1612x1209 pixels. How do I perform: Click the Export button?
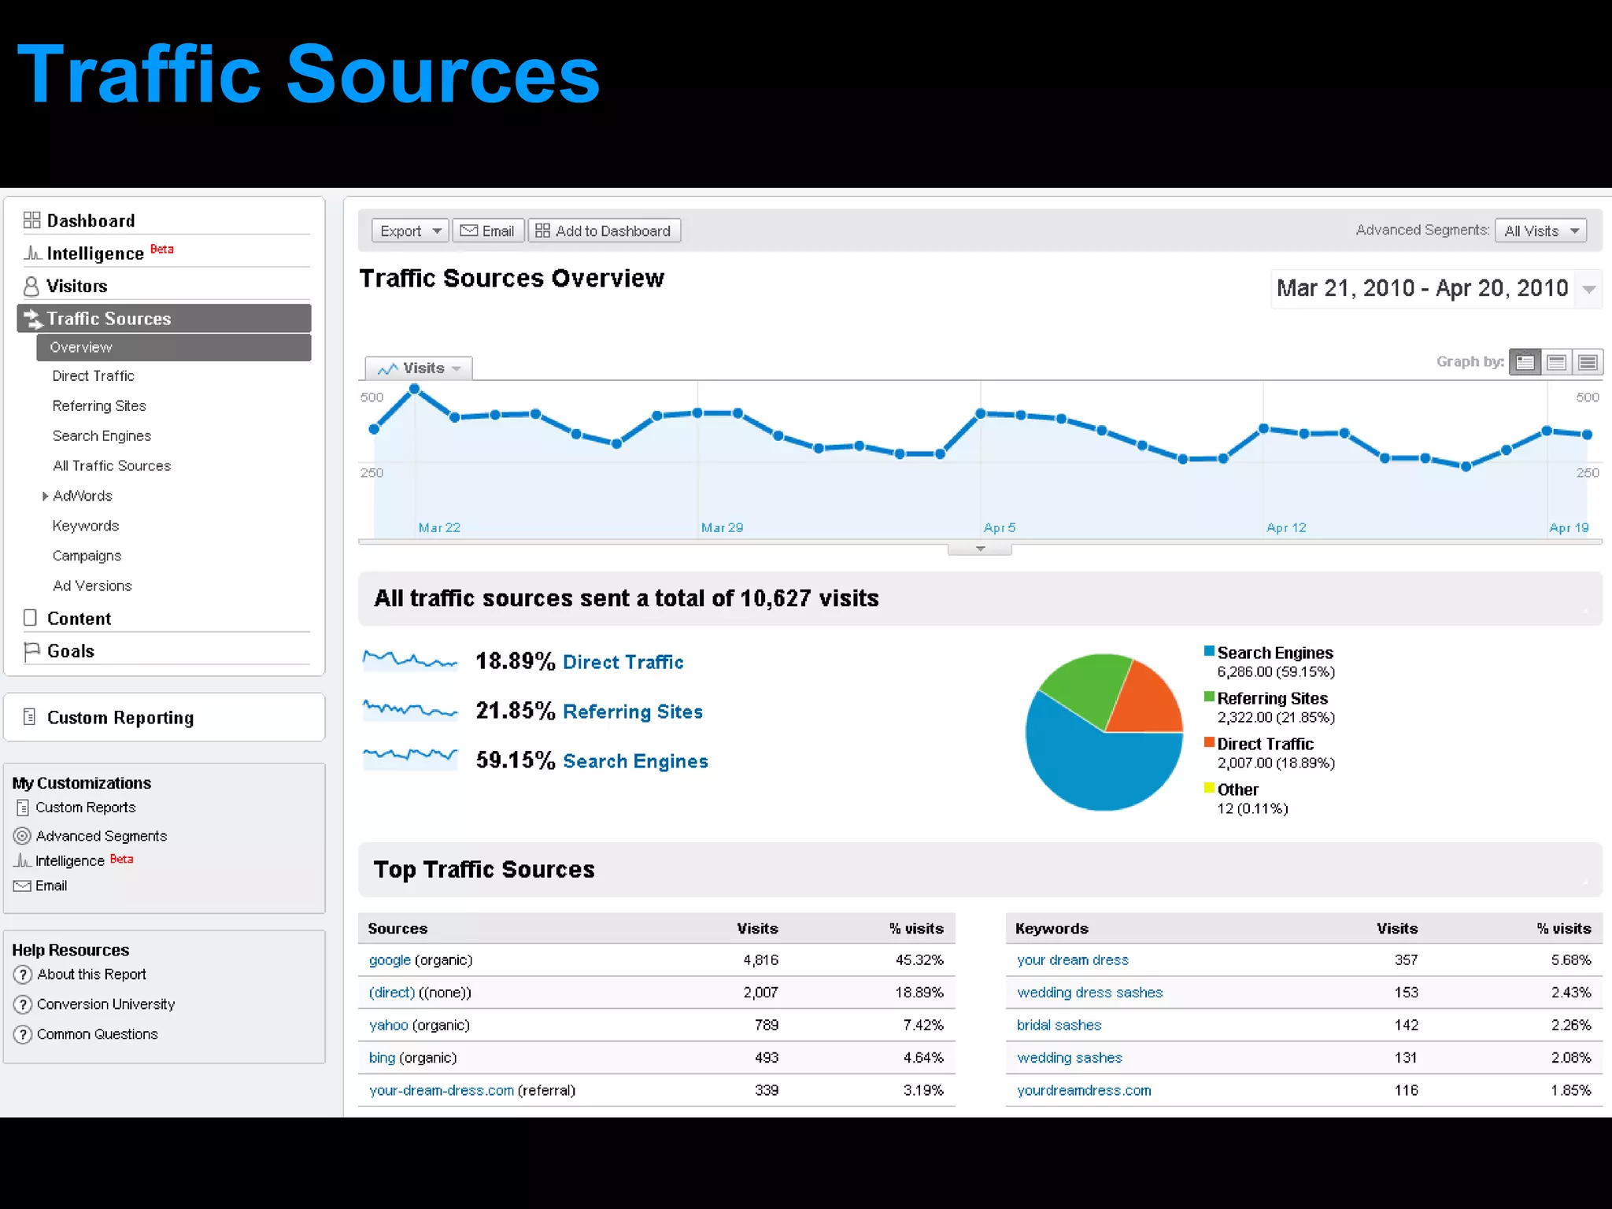tap(409, 231)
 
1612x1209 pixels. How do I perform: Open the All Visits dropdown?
tap(1540, 231)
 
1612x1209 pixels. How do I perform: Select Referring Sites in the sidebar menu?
tap(99, 406)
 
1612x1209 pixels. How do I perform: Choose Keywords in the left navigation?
tap(86, 526)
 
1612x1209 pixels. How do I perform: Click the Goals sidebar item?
tap(70, 651)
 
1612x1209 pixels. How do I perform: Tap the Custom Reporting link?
tap(120, 718)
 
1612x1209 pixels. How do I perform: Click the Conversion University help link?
tap(105, 1004)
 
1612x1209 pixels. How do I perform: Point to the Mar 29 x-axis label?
tap(722, 527)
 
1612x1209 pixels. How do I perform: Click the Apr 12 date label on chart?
tap(1286, 527)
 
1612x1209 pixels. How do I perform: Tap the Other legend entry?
tap(1237, 789)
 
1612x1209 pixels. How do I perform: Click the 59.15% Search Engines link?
tap(635, 761)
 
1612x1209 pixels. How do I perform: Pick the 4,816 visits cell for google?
tap(760, 960)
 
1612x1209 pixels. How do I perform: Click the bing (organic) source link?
tap(382, 1058)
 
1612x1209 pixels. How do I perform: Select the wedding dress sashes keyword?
tap(1089, 993)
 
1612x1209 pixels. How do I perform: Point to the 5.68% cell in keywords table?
tap(1570, 960)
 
